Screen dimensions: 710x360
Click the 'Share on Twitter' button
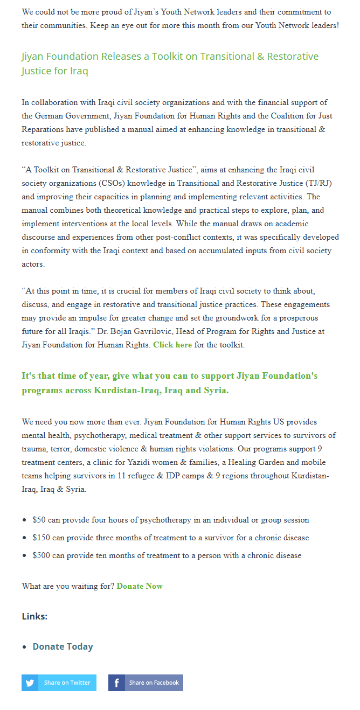[x=59, y=683]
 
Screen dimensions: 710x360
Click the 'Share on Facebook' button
[x=146, y=683]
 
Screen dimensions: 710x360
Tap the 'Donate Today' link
[x=63, y=646]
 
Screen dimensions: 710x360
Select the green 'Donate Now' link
[x=140, y=586]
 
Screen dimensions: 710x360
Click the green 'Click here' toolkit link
[x=172, y=345]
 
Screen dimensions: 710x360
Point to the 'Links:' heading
[x=34, y=616]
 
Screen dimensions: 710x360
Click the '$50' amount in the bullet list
[x=39, y=520]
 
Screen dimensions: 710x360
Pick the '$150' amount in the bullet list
[x=41, y=538]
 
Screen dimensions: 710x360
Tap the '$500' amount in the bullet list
[x=41, y=555]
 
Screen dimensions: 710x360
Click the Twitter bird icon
[x=30, y=683]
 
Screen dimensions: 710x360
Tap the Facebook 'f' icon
[x=116, y=683]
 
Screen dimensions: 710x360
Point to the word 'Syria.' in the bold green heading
[x=216, y=391]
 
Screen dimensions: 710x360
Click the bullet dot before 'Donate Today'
[x=25, y=647]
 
